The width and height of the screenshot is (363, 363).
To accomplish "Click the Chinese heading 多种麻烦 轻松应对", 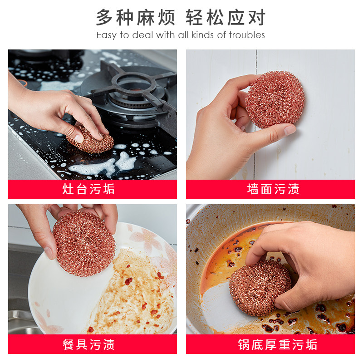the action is tap(181, 17).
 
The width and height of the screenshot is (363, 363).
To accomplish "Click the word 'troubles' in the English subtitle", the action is tap(246, 35).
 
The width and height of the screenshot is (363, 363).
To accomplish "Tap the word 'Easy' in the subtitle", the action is tap(107, 35).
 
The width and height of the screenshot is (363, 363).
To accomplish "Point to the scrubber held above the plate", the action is tap(84, 243).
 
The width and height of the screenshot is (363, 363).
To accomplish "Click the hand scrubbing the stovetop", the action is tap(50, 109).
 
